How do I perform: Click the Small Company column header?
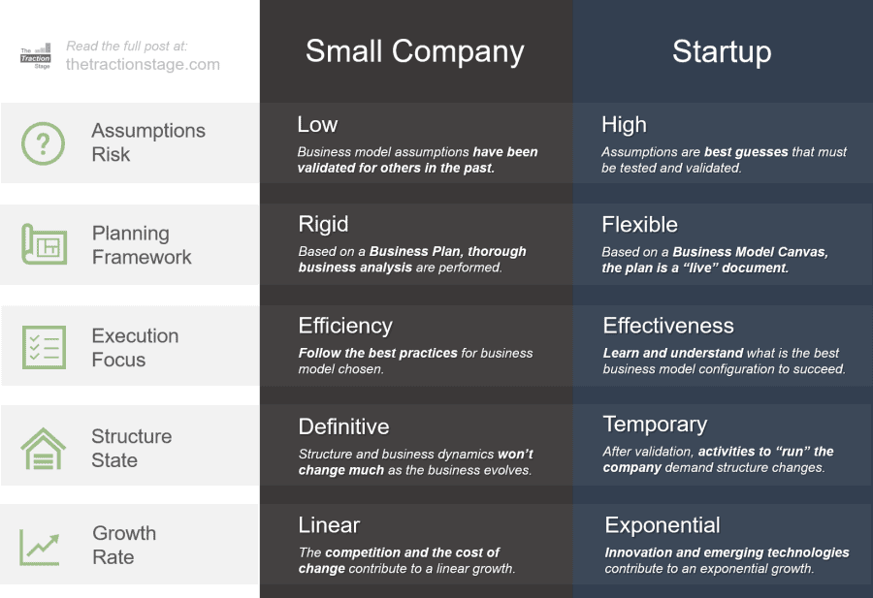click(415, 51)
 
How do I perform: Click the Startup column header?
click(722, 51)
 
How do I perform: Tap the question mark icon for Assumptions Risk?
click(43, 143)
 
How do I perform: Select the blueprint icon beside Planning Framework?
click(44, 244)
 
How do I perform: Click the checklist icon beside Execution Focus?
click(44, 347)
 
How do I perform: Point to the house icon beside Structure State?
click(44, 449)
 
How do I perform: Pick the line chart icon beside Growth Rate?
click(40, 547)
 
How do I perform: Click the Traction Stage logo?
click(36, 56)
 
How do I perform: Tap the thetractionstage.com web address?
click(143, 64)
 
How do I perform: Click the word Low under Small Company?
click(317, 125)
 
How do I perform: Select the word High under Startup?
click(624, 125)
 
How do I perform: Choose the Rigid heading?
click(323, 225)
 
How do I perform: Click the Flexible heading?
click(640, 225)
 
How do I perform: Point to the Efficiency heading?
click(345, 327)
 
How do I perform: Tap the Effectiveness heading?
click(668, 326)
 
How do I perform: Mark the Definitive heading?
click(343, 427)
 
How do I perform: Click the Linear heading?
click(329, 525)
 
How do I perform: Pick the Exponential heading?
click(663, 526)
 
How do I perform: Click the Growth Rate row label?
click(124, 545)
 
